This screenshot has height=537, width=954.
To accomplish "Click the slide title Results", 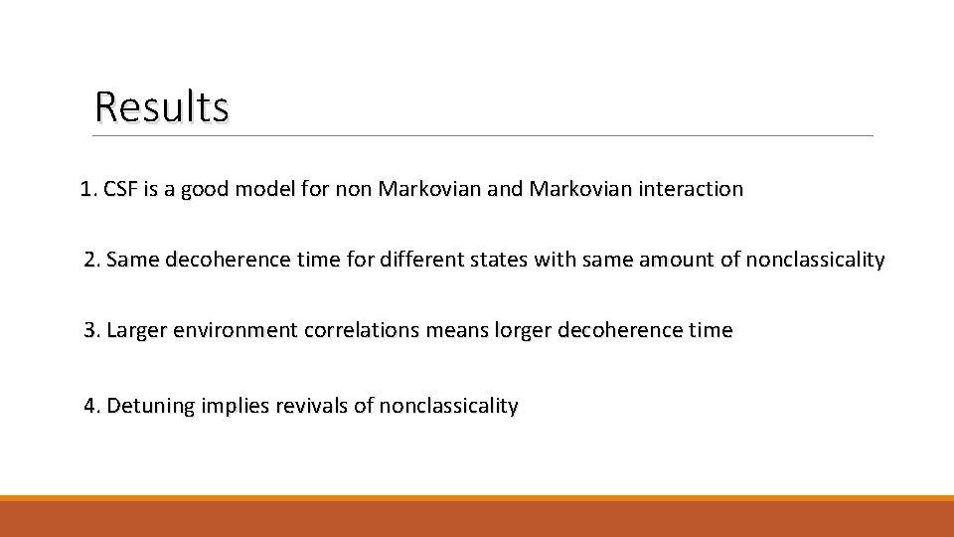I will click(162, 106).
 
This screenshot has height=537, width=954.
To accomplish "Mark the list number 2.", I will click(92, 261).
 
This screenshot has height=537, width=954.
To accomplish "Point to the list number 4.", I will click(92, 406).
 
